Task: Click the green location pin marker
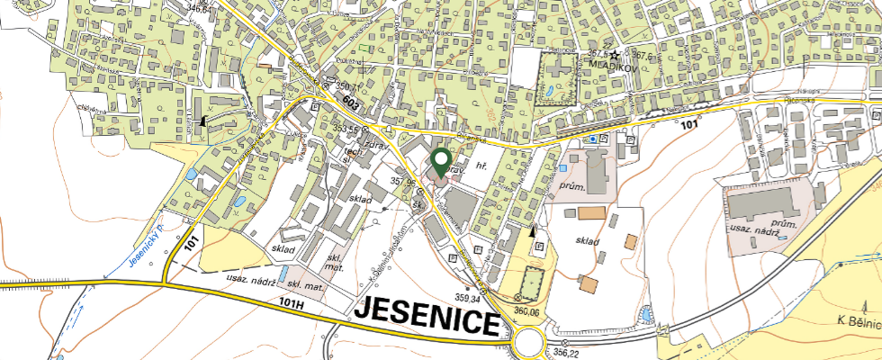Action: (x=440, y=161)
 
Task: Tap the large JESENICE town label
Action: (x=427, y=315)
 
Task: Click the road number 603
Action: (x=355, y=104)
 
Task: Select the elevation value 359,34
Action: (x=469, y=298)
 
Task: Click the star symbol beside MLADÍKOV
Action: (x=614, y=55)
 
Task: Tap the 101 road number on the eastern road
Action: (x=689, y=125)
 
